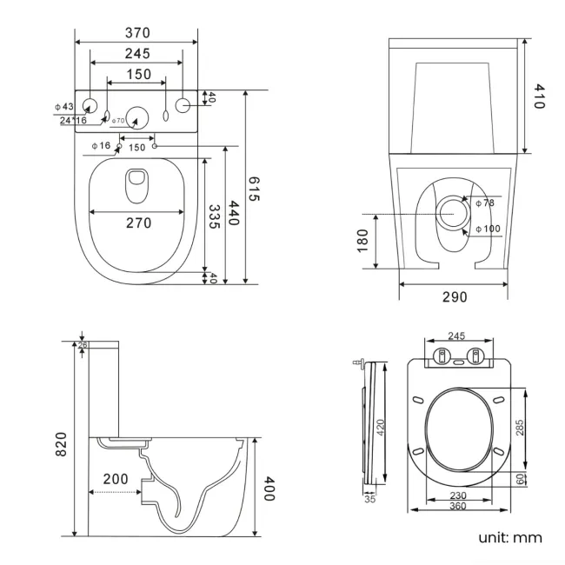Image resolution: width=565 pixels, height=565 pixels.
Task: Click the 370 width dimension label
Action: pos(137,32)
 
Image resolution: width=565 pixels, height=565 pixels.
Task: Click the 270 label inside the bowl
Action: pos(137,223)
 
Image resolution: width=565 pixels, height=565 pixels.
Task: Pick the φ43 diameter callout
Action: pos(64,106)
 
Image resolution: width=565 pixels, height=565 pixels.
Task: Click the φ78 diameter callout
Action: pos(484,202)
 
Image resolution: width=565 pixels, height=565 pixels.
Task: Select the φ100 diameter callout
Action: pos(487,229)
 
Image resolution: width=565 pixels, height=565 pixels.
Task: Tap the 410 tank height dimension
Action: pos(538,96)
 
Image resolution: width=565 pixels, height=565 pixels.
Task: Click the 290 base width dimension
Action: pos(454,297)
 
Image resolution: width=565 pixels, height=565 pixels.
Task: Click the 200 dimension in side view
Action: pos(116,479)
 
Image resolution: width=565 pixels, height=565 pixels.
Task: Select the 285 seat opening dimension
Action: pos(520,426)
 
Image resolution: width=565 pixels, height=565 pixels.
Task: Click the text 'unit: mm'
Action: pos(509,537)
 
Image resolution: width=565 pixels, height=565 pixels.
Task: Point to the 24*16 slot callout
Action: pos(73,121)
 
